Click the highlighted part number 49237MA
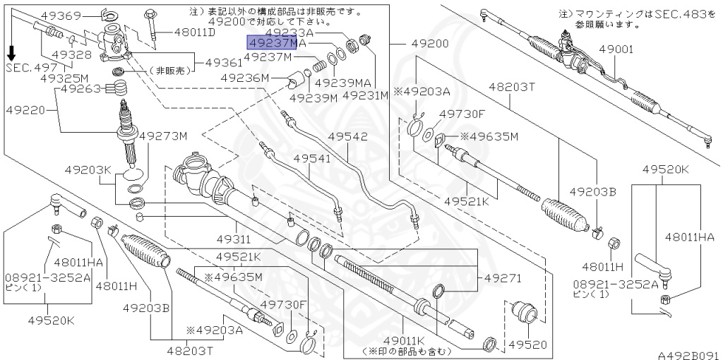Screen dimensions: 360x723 click(x=276, y=44)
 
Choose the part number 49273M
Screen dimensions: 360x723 click(x=163, y=136)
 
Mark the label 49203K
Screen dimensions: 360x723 click(x=88, y=170)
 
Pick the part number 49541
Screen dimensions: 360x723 click(x=312, y=159)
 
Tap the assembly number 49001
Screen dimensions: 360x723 click(x=616, y=49)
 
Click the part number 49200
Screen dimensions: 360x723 click(x=430, y=44)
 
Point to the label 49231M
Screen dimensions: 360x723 click(x=366, y=95)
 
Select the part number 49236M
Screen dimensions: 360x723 click(x=245, y=78)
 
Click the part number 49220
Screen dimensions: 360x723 click(x=27, y=110)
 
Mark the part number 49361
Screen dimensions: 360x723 click(x=224, y=63)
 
